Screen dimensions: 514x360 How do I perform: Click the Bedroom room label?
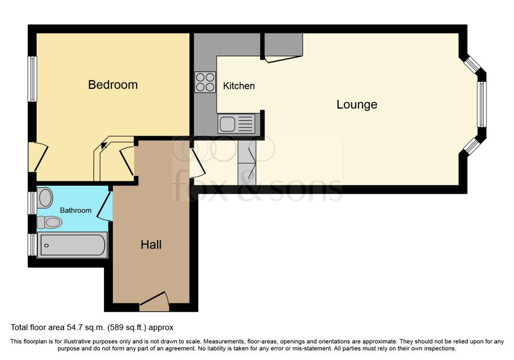(113, 84)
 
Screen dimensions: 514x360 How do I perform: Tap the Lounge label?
(357, 104)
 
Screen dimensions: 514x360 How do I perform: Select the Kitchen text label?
(238, 86)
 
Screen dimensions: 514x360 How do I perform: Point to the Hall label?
(151, 245)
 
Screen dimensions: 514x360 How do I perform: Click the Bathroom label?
(75, 210)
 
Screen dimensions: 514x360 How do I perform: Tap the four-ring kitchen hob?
(205, 82)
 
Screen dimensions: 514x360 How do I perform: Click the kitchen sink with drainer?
(236, 124)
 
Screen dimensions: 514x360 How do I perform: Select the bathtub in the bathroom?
(72, 245)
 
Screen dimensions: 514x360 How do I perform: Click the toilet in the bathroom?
(50, 222)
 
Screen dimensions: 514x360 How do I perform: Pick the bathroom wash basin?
(45, 198)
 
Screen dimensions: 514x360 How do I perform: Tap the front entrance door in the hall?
(154, 301)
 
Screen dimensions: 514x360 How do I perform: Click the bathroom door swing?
(105, 206)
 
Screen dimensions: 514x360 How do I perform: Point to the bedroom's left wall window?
(32, 79)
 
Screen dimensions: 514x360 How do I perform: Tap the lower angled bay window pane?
(472, 145)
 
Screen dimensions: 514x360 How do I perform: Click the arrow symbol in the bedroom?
(103, 145)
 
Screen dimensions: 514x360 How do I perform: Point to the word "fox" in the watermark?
(200, 189)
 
